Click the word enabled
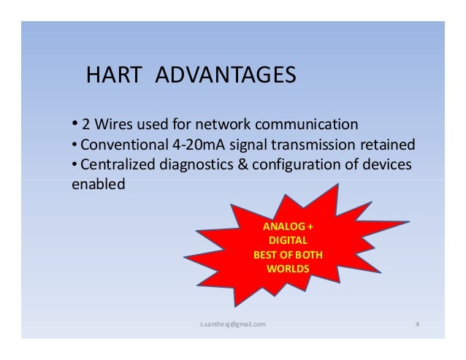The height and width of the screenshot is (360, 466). [x=98, y=185]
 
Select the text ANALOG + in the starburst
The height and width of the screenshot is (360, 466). [x=289, y=227]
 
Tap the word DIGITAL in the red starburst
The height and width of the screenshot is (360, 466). [x=289, y=241]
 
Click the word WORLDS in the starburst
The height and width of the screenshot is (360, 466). [x=289, y=269]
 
